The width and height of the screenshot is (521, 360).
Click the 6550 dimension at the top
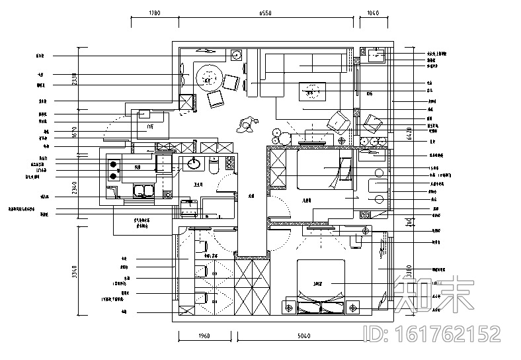pyautogui.click(x=264, y=13)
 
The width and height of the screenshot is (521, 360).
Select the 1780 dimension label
pyautogui.click(x=153, y=13)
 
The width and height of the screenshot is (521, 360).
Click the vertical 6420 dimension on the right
pyautogui.click(x=409, y=135)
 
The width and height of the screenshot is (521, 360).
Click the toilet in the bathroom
pyautogui.click(x=213, y=167)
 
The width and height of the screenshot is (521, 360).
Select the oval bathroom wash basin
pyautogui.click(x=194, y=164)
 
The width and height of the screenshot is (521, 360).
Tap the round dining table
pyautogui.click(x=209, y=80)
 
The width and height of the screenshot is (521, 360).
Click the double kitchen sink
pyautogui.click(x=142, y=193)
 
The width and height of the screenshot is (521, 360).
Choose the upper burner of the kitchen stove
pyautogui.click(x=113, y=164)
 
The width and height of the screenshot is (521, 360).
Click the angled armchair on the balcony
pyautogui.click(x=373, y=122)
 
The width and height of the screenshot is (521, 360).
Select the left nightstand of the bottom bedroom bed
pyautogui.click(x=289, y=307)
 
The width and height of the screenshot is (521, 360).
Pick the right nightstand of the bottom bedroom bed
pyautogui.click(x=352, y=307)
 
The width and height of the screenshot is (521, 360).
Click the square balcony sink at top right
pyautogui.click(x=377, y=56)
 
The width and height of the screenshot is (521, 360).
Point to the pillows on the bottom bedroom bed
pyautogui.click(x=321, y=306)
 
